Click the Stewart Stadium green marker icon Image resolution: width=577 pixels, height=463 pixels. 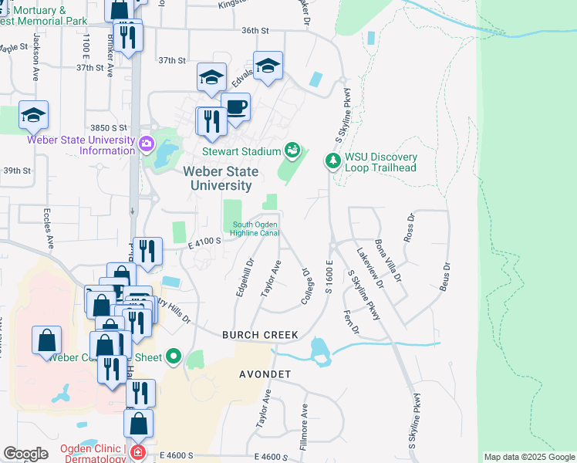[292, 149]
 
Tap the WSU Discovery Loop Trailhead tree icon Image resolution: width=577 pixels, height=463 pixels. [333, 161]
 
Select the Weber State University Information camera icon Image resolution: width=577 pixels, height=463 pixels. [147, 144]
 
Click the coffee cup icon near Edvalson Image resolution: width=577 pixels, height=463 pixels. [235, 107]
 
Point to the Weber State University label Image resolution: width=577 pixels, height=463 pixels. [217, 178]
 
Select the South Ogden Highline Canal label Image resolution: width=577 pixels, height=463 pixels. [255, 229]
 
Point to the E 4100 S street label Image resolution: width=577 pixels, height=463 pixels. [205, 241]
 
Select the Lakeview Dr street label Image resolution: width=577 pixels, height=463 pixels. [369, 266]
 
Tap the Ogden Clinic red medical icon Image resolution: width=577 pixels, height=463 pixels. [137, 452]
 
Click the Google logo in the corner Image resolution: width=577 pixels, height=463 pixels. [25, 454]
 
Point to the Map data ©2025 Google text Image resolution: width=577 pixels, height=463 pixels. [528, 457]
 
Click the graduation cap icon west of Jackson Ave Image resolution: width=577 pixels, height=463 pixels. [33, 115]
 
